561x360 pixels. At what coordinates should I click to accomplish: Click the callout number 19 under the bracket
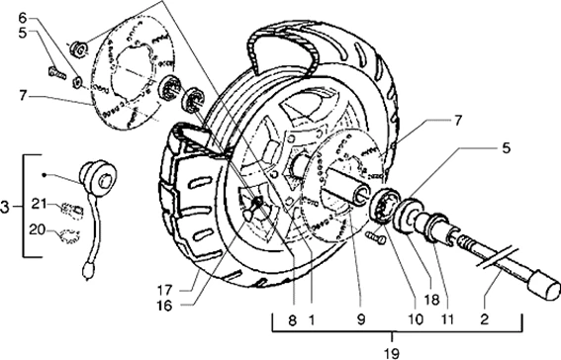coord(392,354)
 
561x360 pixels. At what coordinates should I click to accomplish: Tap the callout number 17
coord(164,291)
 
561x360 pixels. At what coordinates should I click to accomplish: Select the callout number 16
coord(164,306)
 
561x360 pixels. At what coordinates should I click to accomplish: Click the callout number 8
coord(292,320)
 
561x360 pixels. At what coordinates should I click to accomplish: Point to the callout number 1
coord(312,320)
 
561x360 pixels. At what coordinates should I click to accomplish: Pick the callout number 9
coord(361,320)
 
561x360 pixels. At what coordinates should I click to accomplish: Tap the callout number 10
coord(416,319)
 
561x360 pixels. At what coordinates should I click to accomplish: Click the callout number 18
coord(431,300)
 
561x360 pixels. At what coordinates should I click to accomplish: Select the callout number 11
coord(447,319)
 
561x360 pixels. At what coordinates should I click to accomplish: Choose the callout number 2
coord(484,319)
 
